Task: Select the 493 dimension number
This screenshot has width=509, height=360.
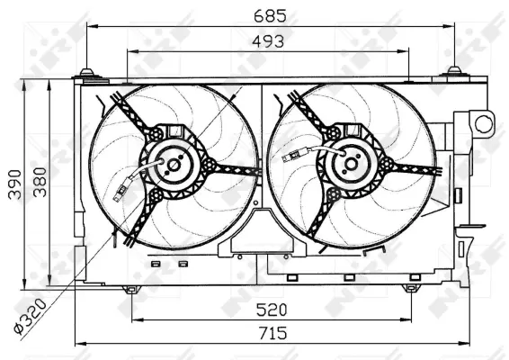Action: pyautogui.click(x=267, y=40)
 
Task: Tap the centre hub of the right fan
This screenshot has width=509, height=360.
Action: pyautogui.click(x=349, y=164)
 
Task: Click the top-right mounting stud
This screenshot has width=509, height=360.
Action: pyautogui.click(x=454, y=72)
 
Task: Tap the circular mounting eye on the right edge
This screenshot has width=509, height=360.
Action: pyautogui.click(x=484, y=122)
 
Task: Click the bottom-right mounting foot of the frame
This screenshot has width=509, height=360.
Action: pyautogui.click(x=410, y=289)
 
